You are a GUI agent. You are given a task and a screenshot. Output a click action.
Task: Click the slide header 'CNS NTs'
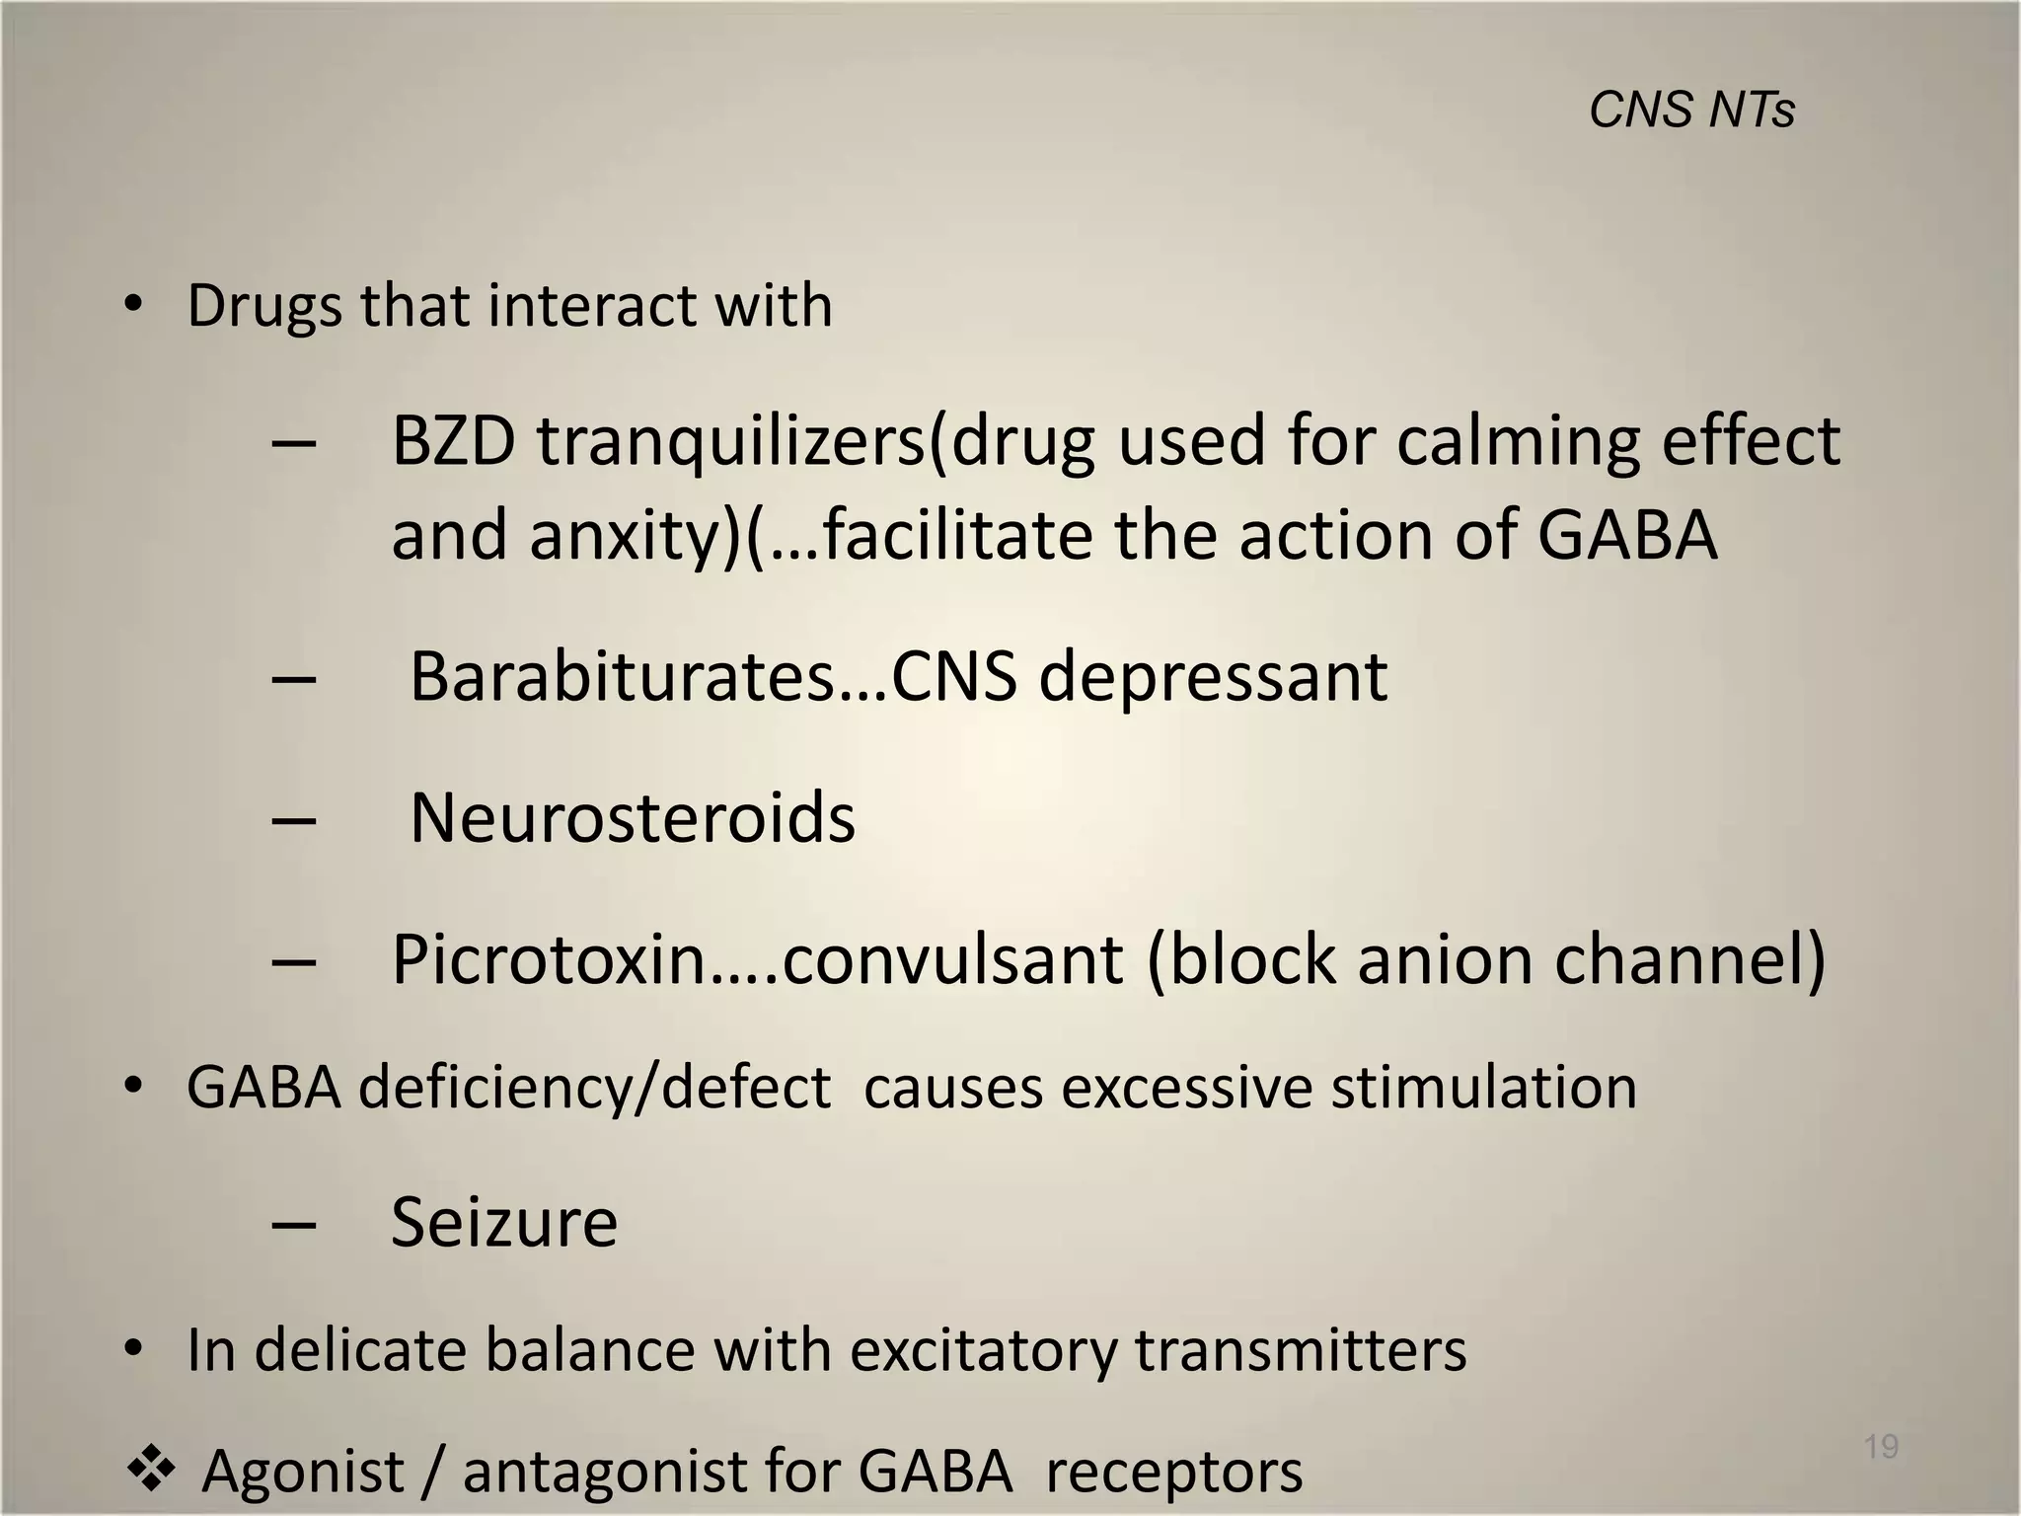click(1691, 110)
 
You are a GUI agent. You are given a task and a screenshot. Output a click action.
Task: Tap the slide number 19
click(1881, 1447)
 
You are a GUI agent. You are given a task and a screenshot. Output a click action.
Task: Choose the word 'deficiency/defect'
click(594, 1088)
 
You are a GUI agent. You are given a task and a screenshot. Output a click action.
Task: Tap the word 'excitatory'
click(983, 1350)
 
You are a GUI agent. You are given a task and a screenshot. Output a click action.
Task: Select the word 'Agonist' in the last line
click(303, 1472)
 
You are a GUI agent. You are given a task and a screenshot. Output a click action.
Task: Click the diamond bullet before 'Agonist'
click(151, 1470)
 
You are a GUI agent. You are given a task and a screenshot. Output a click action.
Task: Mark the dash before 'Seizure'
click(293, 1225)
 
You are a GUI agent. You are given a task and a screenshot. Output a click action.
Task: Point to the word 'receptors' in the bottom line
click(1173, 1472)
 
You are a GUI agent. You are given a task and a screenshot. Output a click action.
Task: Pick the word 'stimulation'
click(1483, 1088)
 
